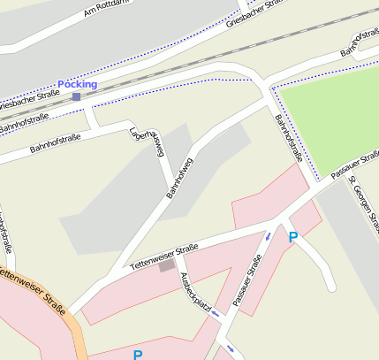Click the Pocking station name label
(x=77, y=84)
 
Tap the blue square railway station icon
(x=77, y=96)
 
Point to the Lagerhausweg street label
(x=148, y=141)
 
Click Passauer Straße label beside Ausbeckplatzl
(x=247, y=281)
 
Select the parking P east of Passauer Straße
(x=293, y=236)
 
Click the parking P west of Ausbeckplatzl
(x=137, y=355)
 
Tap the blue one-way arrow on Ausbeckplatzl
(x=229, y=348)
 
